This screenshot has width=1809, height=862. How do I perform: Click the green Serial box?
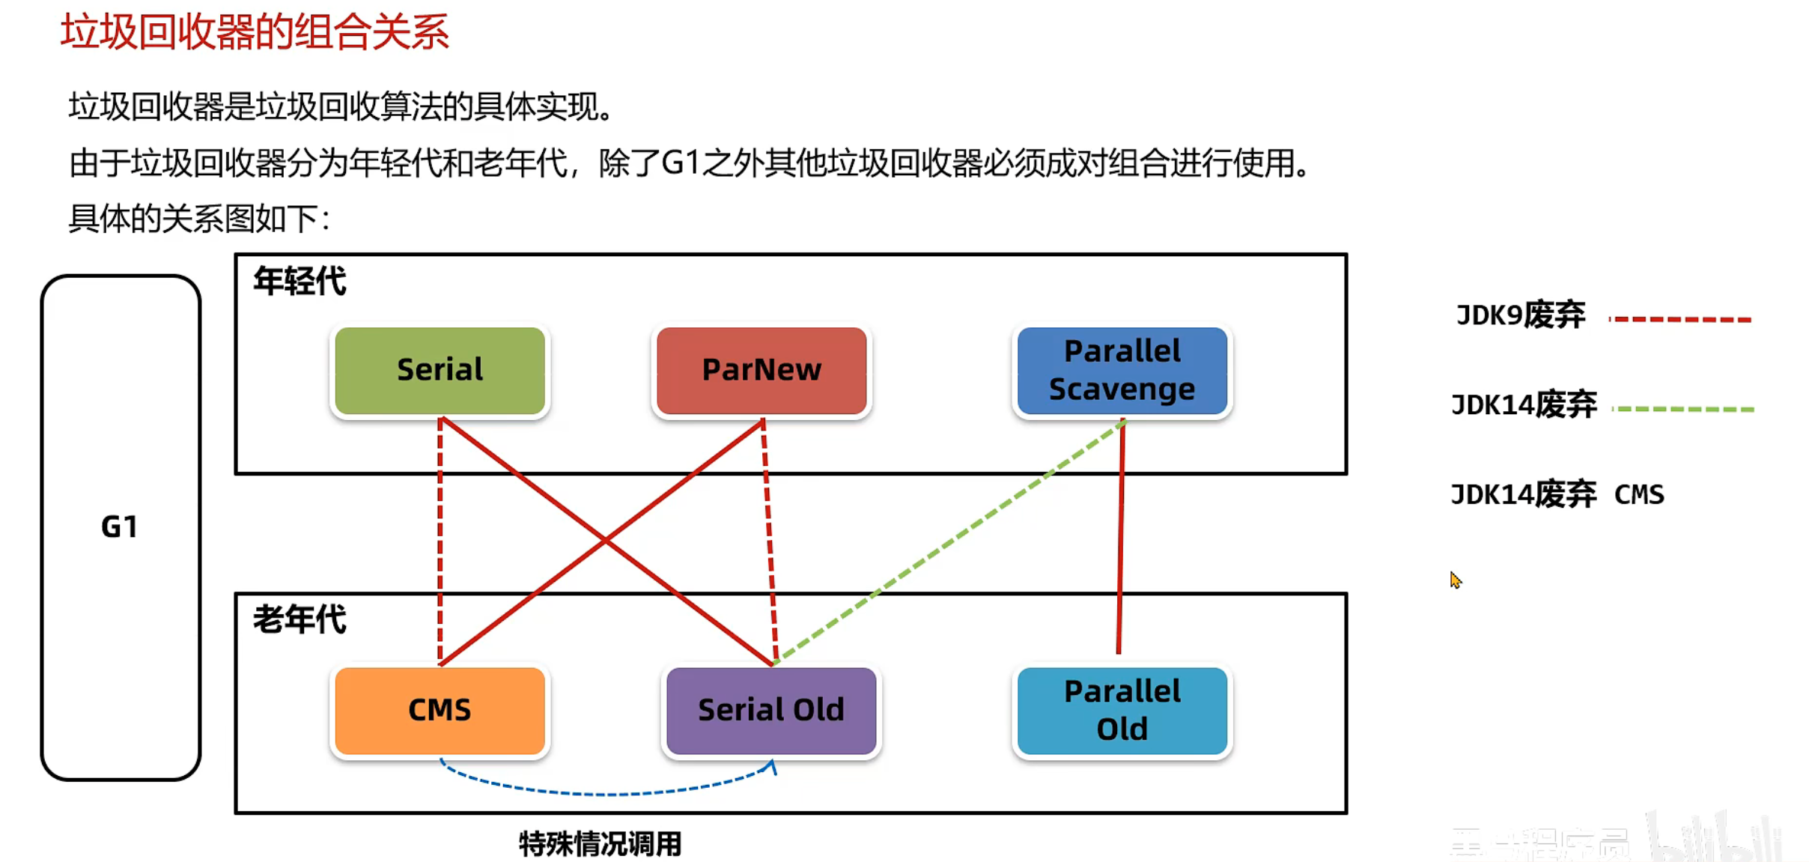[440, 370]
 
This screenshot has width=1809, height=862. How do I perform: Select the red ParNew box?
[761, 370]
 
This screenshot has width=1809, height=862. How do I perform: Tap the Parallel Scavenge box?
[1122, 370]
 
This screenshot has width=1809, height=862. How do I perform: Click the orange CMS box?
[440, 710]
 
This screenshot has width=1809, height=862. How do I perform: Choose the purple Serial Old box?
[770, 710]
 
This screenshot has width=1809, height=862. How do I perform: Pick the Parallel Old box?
[1122, 710]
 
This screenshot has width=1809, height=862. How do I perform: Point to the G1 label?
[120, 526]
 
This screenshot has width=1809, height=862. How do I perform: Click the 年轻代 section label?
[300, 282]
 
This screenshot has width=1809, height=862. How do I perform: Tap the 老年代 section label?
[300, 620]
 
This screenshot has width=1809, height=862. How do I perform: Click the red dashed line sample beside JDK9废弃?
[1679, 320]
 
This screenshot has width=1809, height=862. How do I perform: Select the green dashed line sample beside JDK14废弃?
[1682, 409]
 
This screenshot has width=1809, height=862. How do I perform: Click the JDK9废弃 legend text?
[1520, 315]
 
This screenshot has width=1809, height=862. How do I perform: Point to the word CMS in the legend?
[1639, 495]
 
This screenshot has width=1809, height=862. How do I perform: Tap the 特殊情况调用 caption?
[600, 844]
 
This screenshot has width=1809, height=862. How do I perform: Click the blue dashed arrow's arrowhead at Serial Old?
[773, 766]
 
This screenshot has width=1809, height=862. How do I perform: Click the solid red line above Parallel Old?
[1121, 539]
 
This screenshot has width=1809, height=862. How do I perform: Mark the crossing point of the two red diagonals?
[605, 539]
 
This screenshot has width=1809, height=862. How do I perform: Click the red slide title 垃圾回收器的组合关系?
[255, 32]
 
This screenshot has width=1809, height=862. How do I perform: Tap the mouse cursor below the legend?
[1455, 579]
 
